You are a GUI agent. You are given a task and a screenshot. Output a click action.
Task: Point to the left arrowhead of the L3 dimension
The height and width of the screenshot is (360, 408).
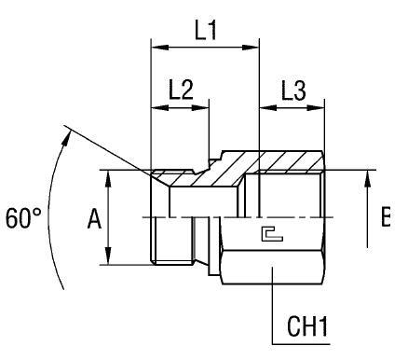click(x=265, y=107)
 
